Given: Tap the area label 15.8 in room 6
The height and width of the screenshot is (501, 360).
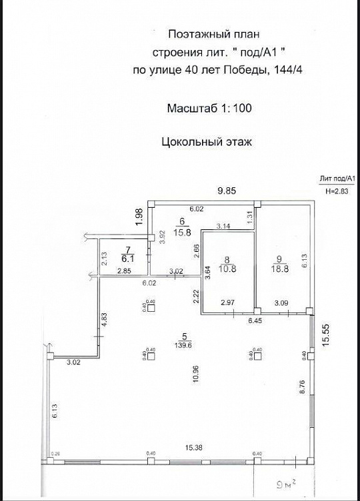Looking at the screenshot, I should pos(181,233).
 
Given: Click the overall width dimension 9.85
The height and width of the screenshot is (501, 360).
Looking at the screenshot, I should pos(229,191).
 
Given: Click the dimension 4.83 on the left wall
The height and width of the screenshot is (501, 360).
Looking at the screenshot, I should pos(105,318).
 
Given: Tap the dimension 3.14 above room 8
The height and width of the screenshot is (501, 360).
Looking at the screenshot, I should pos(223,227).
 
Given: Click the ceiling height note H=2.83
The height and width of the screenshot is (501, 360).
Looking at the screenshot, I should pos(337,191).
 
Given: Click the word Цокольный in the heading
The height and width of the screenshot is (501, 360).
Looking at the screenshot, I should pos(188,141).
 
